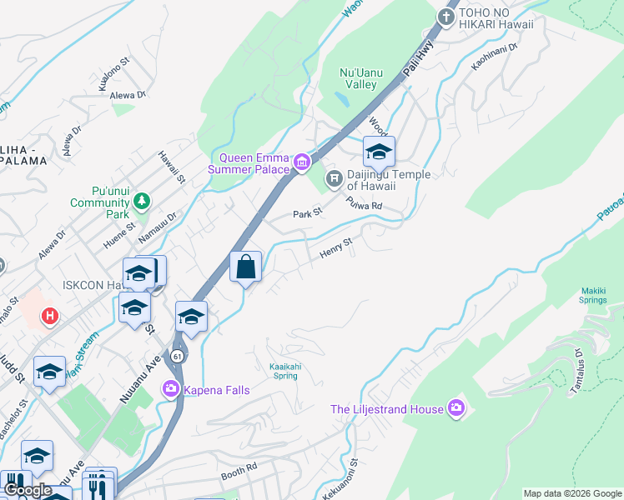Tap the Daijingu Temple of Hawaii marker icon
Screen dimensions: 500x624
(335, 177)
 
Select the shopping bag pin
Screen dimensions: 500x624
(246, 267)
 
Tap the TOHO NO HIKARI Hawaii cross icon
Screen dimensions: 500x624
(447, 17)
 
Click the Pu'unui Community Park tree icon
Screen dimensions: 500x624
(142, 201)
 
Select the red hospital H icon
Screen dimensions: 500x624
(50, 316)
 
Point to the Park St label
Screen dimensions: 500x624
(307, 214)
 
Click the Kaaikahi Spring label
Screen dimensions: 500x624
(284, 370)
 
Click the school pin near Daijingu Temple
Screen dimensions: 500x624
(379, 152)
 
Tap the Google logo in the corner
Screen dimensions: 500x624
(28, 490)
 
